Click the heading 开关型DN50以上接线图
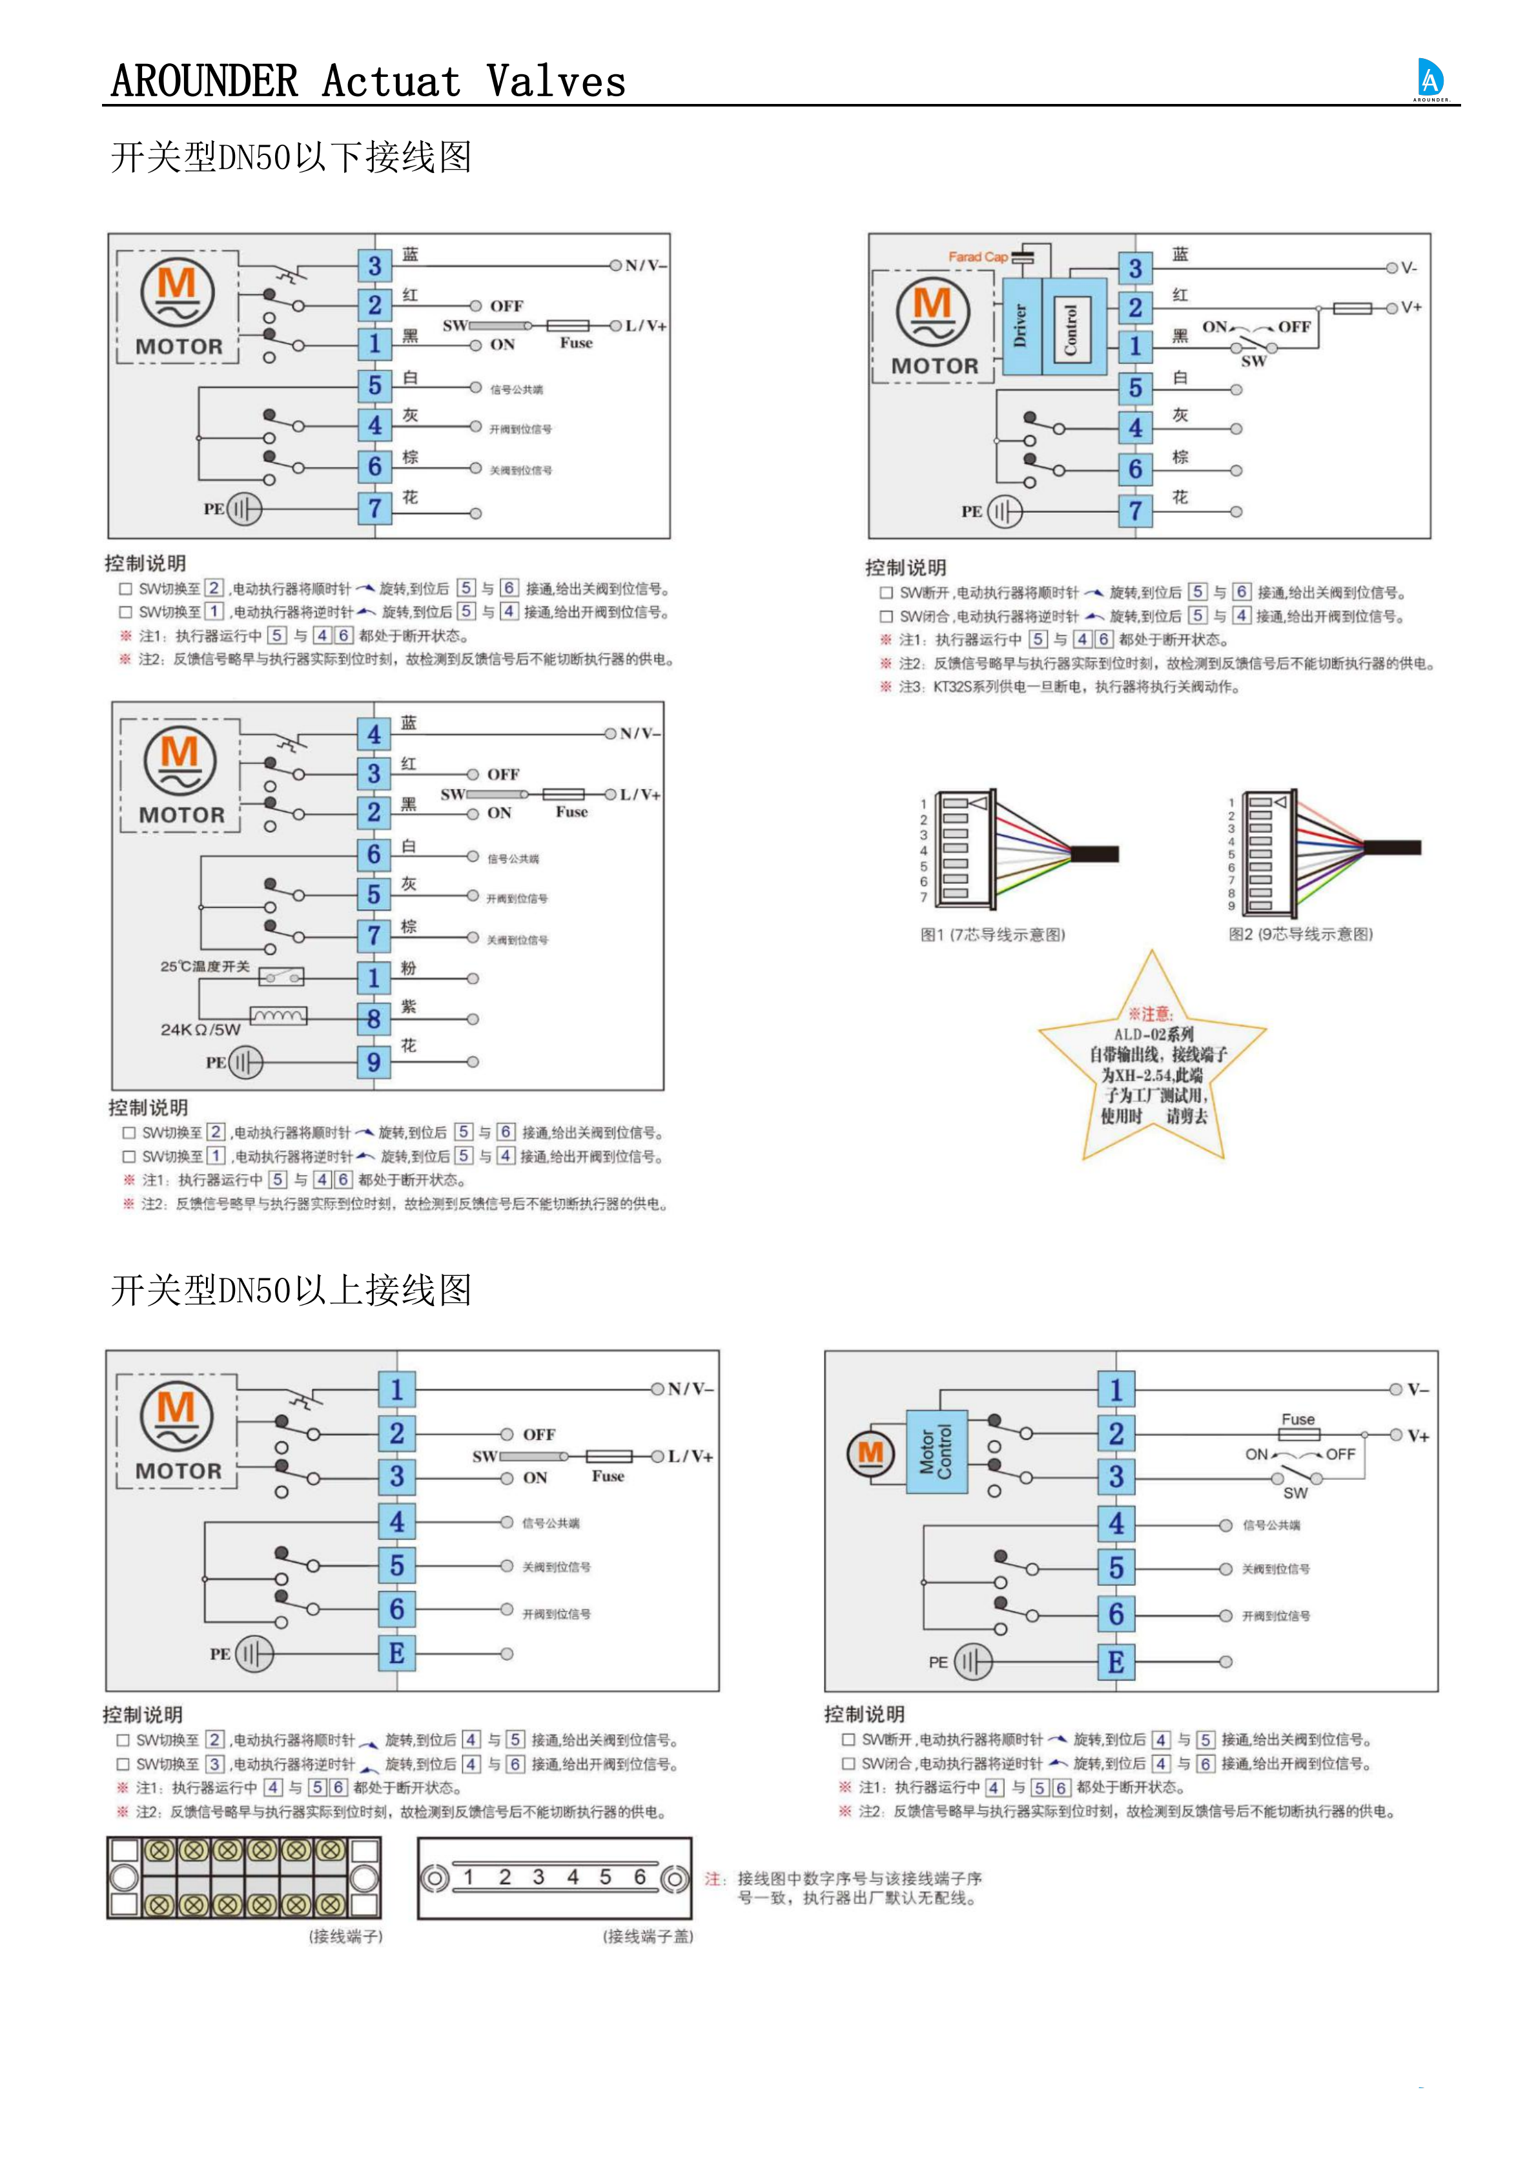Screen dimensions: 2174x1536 click(x=291, y=1289)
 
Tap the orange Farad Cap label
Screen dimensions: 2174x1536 click(x=978, y=256)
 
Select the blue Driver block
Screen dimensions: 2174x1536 click(x=1021, y=325)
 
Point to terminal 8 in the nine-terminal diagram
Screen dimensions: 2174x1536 click(x=374, y=1019)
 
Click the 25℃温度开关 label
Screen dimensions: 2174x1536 click(x=205, y=967)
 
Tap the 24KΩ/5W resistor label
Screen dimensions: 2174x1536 click(x=200, y=1029)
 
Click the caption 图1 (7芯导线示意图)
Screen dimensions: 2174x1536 click(x=992, y=934)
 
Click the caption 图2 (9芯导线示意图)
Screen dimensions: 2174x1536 click(x=1300, y=934)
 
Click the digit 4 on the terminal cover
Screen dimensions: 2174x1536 click(x=573, y=1878)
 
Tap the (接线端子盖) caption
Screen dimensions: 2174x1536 click(x=648, y=1937)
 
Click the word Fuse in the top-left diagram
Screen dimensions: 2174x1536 click(x=576, y=344)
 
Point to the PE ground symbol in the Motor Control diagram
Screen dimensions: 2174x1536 click(x=972, y=1662)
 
